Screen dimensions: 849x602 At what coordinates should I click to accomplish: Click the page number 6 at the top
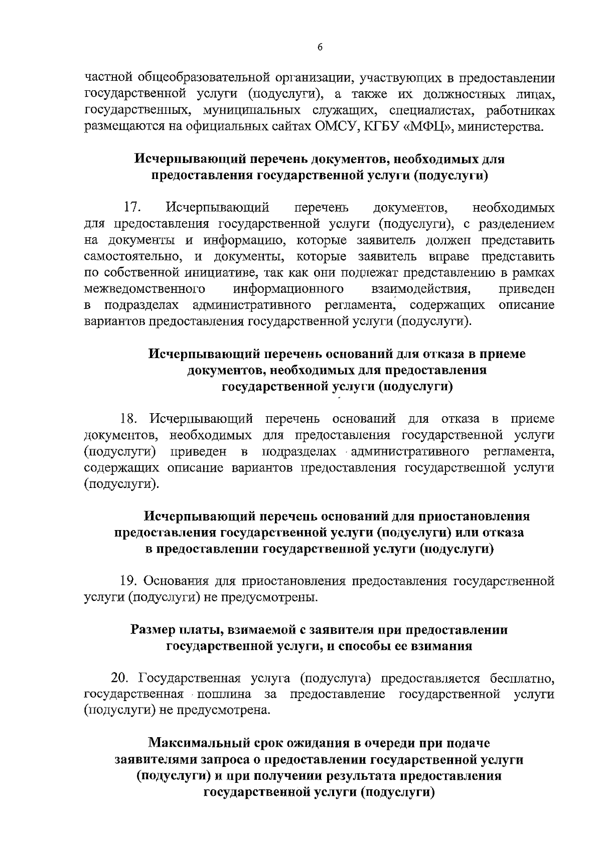(x=320, y=47)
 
